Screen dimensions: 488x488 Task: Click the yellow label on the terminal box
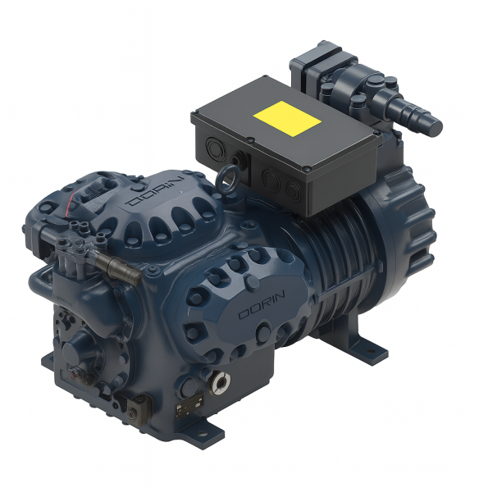pyautogui.click(x=287, y=119)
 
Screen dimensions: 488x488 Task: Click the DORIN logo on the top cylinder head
pyautogui.click(x=155, y=191)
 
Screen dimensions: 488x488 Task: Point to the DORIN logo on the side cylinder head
pyautogui.click(x=262, y=304)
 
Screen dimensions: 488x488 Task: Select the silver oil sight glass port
pyautogui.click(x=221, y=382)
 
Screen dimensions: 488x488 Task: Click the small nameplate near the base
pyautogui.click(x=190, y=404)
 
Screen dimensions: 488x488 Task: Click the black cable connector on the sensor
pyautogui.click(x=118, y=268)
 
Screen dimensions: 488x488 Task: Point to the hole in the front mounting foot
pyautogui.click(x=203, y=433)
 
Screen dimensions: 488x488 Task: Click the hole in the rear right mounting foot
pyautogui.click(x=371, y=351)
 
